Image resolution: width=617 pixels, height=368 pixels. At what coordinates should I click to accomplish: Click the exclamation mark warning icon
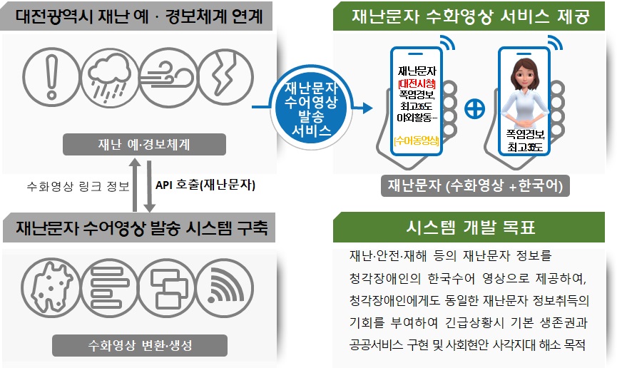51,77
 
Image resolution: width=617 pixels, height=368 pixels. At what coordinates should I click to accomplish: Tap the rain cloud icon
110,77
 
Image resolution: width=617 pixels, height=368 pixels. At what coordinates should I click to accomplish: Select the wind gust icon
168,77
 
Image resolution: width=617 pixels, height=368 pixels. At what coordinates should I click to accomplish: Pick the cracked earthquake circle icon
225,77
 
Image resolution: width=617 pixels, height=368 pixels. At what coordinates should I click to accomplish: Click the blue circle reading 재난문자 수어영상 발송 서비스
311,108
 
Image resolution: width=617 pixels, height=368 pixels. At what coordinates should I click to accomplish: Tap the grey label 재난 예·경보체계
144,145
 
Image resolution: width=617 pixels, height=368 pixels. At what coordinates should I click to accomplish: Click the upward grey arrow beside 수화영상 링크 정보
135,185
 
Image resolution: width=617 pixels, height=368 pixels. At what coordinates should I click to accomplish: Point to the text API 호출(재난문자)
205,185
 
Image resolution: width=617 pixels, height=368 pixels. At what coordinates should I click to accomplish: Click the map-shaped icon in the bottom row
50,287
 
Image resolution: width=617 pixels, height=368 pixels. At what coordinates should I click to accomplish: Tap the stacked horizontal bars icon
109,287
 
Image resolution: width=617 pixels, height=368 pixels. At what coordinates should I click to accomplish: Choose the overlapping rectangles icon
167,287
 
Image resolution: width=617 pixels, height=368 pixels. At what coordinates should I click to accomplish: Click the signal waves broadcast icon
225,287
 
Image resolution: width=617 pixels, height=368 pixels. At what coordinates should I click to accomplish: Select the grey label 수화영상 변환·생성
140,346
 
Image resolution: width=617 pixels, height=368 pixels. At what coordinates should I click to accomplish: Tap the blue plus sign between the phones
475,108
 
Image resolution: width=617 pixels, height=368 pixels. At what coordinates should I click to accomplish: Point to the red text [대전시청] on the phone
417,83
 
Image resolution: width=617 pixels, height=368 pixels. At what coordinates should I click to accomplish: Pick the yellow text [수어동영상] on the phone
417,140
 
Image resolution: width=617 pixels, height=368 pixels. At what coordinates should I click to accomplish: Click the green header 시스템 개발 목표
469,227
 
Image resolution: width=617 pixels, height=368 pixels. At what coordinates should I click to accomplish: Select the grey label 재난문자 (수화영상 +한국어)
475,185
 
